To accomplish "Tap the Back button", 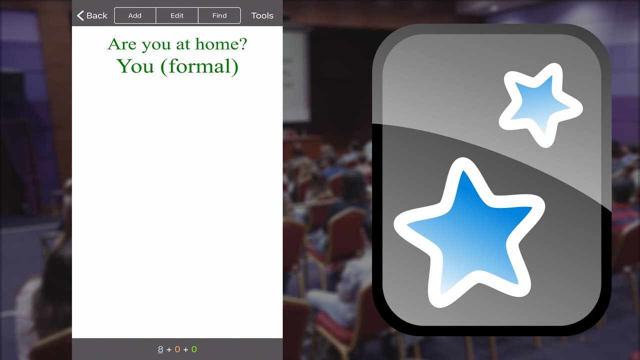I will click(92, 15).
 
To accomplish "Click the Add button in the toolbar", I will click(135, 15).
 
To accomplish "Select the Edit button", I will click(177, 15).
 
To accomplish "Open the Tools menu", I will click(262, 15).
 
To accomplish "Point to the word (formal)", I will click(199, 66).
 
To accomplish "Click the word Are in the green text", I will click(122, 44).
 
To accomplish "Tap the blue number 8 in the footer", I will click(160, 349).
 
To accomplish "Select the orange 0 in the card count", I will click(177, 349).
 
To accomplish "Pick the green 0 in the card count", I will click(194, 349).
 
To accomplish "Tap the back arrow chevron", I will click(80, 15).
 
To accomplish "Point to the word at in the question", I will click(183, 44).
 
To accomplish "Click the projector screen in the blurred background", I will click(296, 75).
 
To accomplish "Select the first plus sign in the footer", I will click(169, 349).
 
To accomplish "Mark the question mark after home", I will click(242, 44).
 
